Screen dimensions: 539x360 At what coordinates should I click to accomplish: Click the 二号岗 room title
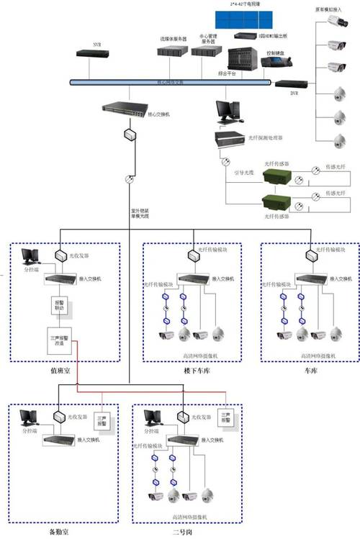point(185,531)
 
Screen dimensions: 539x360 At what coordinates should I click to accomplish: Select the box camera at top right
point(336,22)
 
